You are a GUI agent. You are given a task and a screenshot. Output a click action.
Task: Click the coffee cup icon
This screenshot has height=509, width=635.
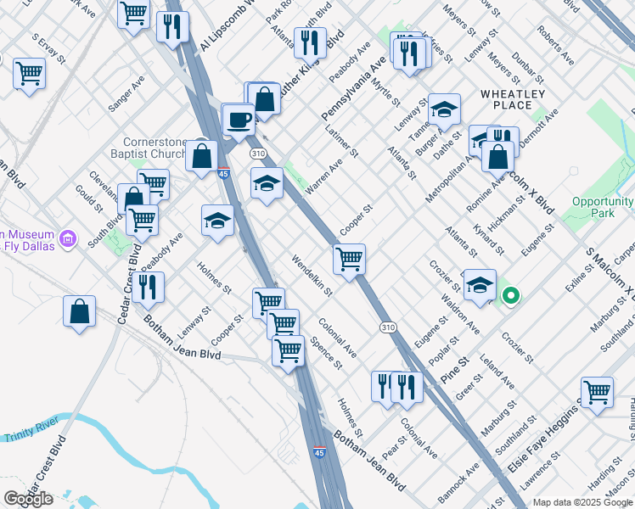(x=239, y=119)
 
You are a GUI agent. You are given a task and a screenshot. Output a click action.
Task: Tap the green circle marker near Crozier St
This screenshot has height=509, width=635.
(x=510, y=296)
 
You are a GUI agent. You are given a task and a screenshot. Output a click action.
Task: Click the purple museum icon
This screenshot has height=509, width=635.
(x=70, y=240)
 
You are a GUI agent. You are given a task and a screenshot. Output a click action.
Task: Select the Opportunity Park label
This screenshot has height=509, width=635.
(x=603, y=207)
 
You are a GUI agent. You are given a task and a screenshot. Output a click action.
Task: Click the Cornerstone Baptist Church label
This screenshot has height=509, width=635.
(x=160, y=148)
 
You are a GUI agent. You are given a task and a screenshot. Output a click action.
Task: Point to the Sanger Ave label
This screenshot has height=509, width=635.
(x=126, y=94)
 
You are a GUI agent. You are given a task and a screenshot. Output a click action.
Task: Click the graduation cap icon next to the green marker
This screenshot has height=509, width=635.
(x=480, y=286)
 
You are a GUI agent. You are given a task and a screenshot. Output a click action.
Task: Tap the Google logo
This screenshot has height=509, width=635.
(x=28, y=499)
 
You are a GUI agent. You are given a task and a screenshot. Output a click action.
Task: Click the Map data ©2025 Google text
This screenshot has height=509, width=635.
(x=582, y=502)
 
